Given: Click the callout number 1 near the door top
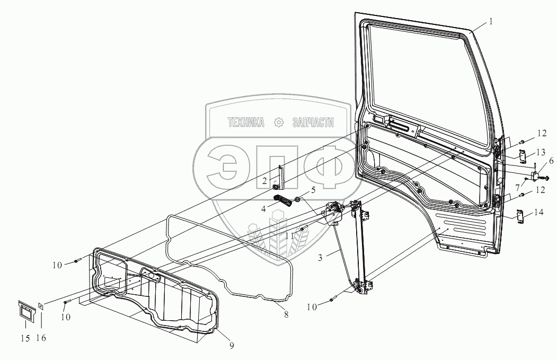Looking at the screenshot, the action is click(x=491, y=22).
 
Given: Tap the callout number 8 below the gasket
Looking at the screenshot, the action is click(x=286, y=314).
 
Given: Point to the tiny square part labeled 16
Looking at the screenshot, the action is click(x=41, y=305).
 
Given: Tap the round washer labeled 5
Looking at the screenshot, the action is click(x=298, y=200).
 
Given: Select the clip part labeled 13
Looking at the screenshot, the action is click(x=521, y=156).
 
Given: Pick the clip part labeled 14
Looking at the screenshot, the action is click(x=520, y=215).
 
